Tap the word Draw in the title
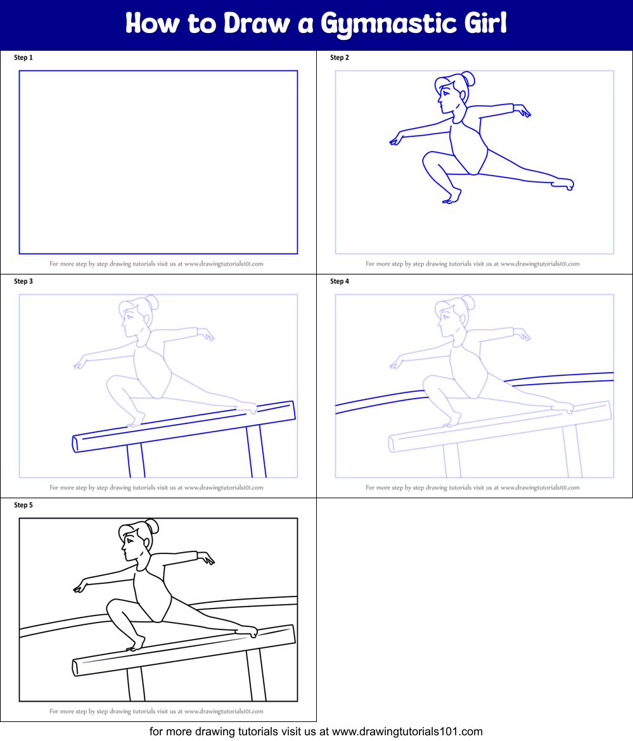(x=256, y=23)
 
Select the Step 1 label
(x=23, y=58)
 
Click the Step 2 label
(x=339, y=58)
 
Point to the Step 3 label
(x=23, y=281)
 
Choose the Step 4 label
(x=339, y=281)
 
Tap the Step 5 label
(x=23, y=505)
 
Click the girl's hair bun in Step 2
(x=468, y=78)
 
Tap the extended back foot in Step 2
(x=563, y=183)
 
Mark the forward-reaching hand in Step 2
(x=397, y=138)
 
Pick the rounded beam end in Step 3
(x=75, y=444)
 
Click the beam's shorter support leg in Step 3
(x=136, y=460)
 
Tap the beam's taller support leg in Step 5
(x=255, y=675)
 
